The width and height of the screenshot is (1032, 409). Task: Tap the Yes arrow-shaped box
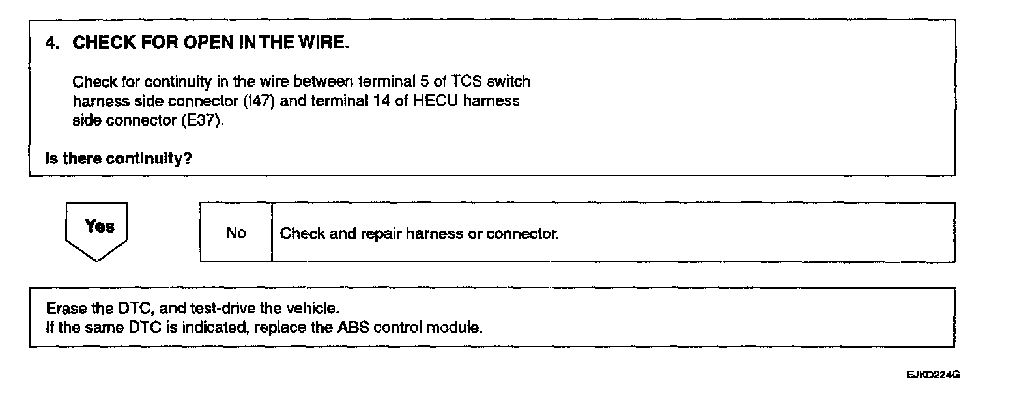point(97,229)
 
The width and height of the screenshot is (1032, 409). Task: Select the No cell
point(236,233)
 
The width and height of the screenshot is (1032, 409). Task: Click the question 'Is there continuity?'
point(119,158)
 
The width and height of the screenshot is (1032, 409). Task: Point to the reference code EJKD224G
point(932,376)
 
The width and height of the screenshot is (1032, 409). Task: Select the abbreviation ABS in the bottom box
point(354,327)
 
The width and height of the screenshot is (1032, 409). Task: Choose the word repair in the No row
point(380,233)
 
